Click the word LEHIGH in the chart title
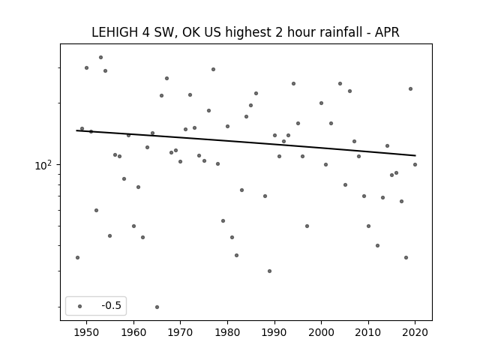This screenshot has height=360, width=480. (x=115, y=32)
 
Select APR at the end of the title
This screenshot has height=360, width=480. (x=387, y=32)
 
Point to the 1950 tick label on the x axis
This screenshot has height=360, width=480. (x=87, y=333)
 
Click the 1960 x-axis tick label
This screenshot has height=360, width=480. (x=133, y=333)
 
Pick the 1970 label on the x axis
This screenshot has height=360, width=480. (x=180, y=333)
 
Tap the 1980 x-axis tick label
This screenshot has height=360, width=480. (x=227, y=333)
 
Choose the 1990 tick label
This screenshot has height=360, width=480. (x=274, y=333)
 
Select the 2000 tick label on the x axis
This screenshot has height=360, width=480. (x=321, y=333)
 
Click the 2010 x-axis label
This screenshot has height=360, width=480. (x=368, y=333)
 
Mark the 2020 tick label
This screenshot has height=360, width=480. (x=415, y=333)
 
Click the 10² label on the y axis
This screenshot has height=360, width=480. (x=43, y=165)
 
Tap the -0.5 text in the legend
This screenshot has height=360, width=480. (x=112, y=305)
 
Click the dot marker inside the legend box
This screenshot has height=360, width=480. (x=80, y=306)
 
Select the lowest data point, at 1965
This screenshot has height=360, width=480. (x=157, y=307)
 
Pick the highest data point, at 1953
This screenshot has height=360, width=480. (x=100, y=57)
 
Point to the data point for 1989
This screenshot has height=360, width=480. (x=269, y=271)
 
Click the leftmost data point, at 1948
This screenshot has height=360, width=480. (x=77, y=257)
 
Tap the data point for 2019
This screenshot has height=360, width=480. (x=410, y=88)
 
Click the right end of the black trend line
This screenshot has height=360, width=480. (x=415, y=155)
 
